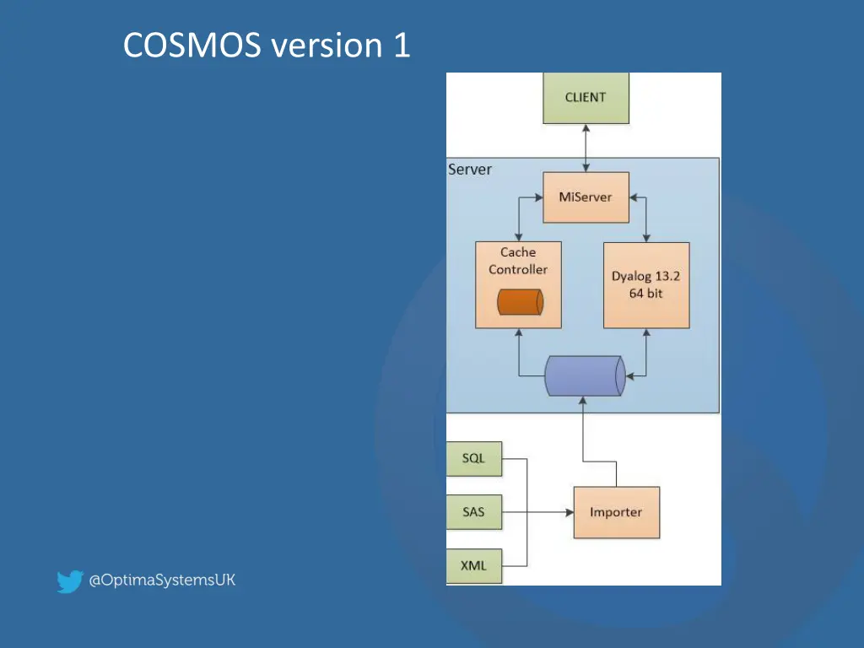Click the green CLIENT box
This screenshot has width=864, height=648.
(586, 98)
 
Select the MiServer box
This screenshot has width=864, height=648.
(586, 197)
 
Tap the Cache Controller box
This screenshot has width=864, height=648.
(517, 284)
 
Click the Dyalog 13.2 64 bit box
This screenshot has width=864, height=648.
(646, 284)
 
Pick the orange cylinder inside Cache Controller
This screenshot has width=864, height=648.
(519, 302)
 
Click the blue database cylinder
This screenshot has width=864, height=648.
(585, 376)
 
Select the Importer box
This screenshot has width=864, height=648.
(616, 512)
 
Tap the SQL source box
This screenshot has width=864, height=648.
(473, 459)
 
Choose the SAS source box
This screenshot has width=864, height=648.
(473, 512)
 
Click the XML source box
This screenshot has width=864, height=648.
(473, 565)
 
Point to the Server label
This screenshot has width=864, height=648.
(470, 170)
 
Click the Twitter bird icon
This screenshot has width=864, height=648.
(69, 581)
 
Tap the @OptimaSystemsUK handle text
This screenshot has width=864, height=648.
(163, 580)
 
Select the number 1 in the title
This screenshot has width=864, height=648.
(401, 46)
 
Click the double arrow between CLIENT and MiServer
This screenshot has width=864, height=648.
(586, 148)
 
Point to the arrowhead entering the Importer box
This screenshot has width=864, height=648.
(568, 512)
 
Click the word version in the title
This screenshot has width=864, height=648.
(327, 46)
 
